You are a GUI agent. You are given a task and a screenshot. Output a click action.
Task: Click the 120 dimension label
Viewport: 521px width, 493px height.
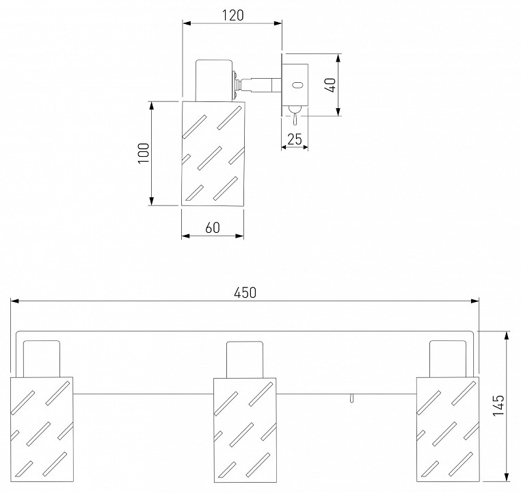coord(232,15)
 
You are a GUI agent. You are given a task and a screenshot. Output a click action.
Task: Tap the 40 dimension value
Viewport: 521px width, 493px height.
coord(331,85)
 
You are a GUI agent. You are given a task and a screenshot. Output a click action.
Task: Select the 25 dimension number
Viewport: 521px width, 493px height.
coord(295,140)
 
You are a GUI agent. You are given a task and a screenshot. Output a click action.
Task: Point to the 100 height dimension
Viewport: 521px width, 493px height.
coord(144,153)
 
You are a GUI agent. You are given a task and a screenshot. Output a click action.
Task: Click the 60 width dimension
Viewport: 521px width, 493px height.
coord(213,228)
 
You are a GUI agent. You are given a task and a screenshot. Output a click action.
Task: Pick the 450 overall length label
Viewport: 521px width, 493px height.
coord(245,293)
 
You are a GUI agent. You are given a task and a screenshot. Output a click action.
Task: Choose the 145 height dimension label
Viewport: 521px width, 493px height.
coord(498,405)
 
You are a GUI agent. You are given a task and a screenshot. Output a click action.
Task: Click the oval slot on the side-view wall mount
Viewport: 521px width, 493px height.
coord(297,85)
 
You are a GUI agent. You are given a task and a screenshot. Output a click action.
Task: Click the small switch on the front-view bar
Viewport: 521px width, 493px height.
coord(351,398)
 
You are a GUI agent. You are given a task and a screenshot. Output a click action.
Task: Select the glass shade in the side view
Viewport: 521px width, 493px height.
coord(213,153)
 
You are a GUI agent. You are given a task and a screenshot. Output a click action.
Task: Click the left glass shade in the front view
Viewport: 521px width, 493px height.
coord(42,429)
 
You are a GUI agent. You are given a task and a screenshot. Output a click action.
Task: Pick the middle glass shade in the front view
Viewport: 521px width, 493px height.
coord(245,430)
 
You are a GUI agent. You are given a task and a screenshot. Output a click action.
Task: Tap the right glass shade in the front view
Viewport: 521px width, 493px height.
coord(448,429)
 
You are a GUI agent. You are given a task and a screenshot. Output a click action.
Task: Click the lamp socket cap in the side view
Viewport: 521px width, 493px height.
coord(213,80)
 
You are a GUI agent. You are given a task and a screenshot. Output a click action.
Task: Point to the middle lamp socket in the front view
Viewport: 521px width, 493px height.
coord(245,359)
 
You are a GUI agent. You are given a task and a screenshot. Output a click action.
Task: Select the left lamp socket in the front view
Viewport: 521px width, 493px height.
coord(42,359)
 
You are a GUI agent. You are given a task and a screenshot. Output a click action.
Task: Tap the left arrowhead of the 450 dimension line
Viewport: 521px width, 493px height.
coord(14,301)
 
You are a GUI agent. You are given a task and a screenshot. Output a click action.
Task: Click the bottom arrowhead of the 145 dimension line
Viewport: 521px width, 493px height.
coord(507,477)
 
